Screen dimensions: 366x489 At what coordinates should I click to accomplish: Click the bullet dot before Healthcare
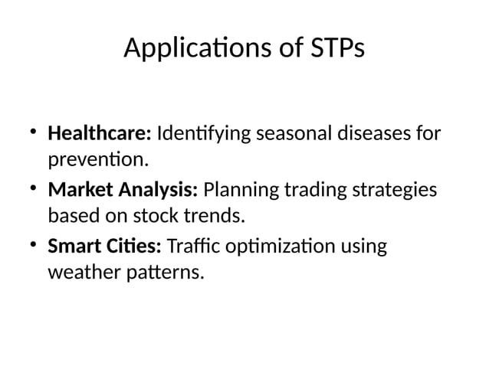pyautogui.click(x=34, y=132)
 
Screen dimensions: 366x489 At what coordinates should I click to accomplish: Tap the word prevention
pyautogui.click(x=97, y=162)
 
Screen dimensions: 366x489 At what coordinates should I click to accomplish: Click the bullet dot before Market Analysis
pyautogui.click(x=34, y=188)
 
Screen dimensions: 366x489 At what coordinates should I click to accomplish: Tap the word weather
pyautogui.click(x=80, y=272)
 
